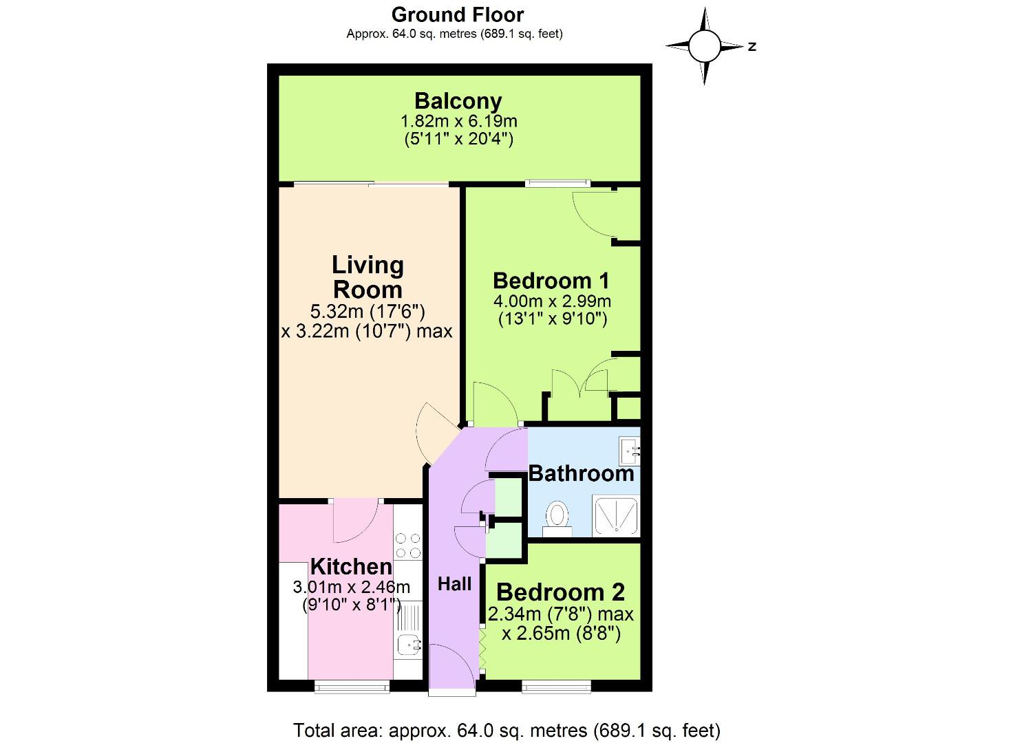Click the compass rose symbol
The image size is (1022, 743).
[x=704, y=46]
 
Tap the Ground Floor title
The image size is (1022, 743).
[x=458, y=14]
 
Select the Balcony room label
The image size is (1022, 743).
[x=458, y=101]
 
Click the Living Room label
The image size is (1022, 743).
[x=368, y=277]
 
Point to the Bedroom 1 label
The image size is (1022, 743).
[x=551, y=281]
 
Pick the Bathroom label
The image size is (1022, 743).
[x=581, y=473]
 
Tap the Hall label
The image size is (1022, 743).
[x=454, y=584]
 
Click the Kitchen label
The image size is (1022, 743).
[x=351, y=567]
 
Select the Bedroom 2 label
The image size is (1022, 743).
[x=560, y=592]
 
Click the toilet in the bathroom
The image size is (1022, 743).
[x=557, y=517]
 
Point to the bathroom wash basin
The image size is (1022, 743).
[x=630, y=451]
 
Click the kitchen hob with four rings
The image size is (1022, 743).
[x=407, y=546]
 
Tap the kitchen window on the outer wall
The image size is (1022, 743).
[x=352, y=686]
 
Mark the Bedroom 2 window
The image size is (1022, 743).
[x=556, y=686]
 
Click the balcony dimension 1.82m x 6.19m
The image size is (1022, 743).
[x=458, y=122]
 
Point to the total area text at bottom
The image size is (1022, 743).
[x=507, y=730]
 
